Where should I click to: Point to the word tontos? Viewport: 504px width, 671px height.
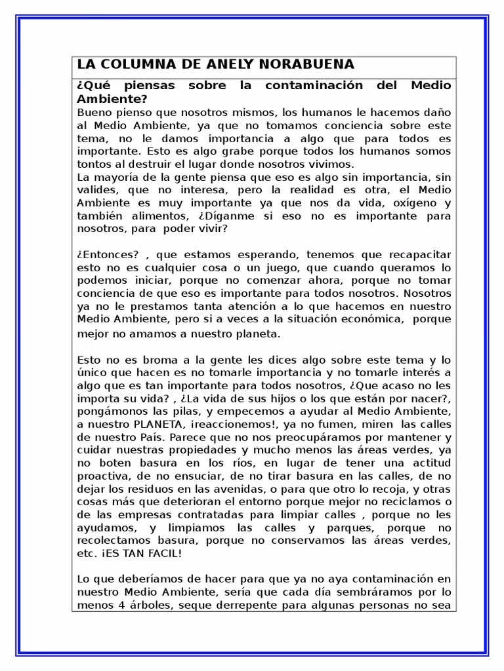[94, 164]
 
